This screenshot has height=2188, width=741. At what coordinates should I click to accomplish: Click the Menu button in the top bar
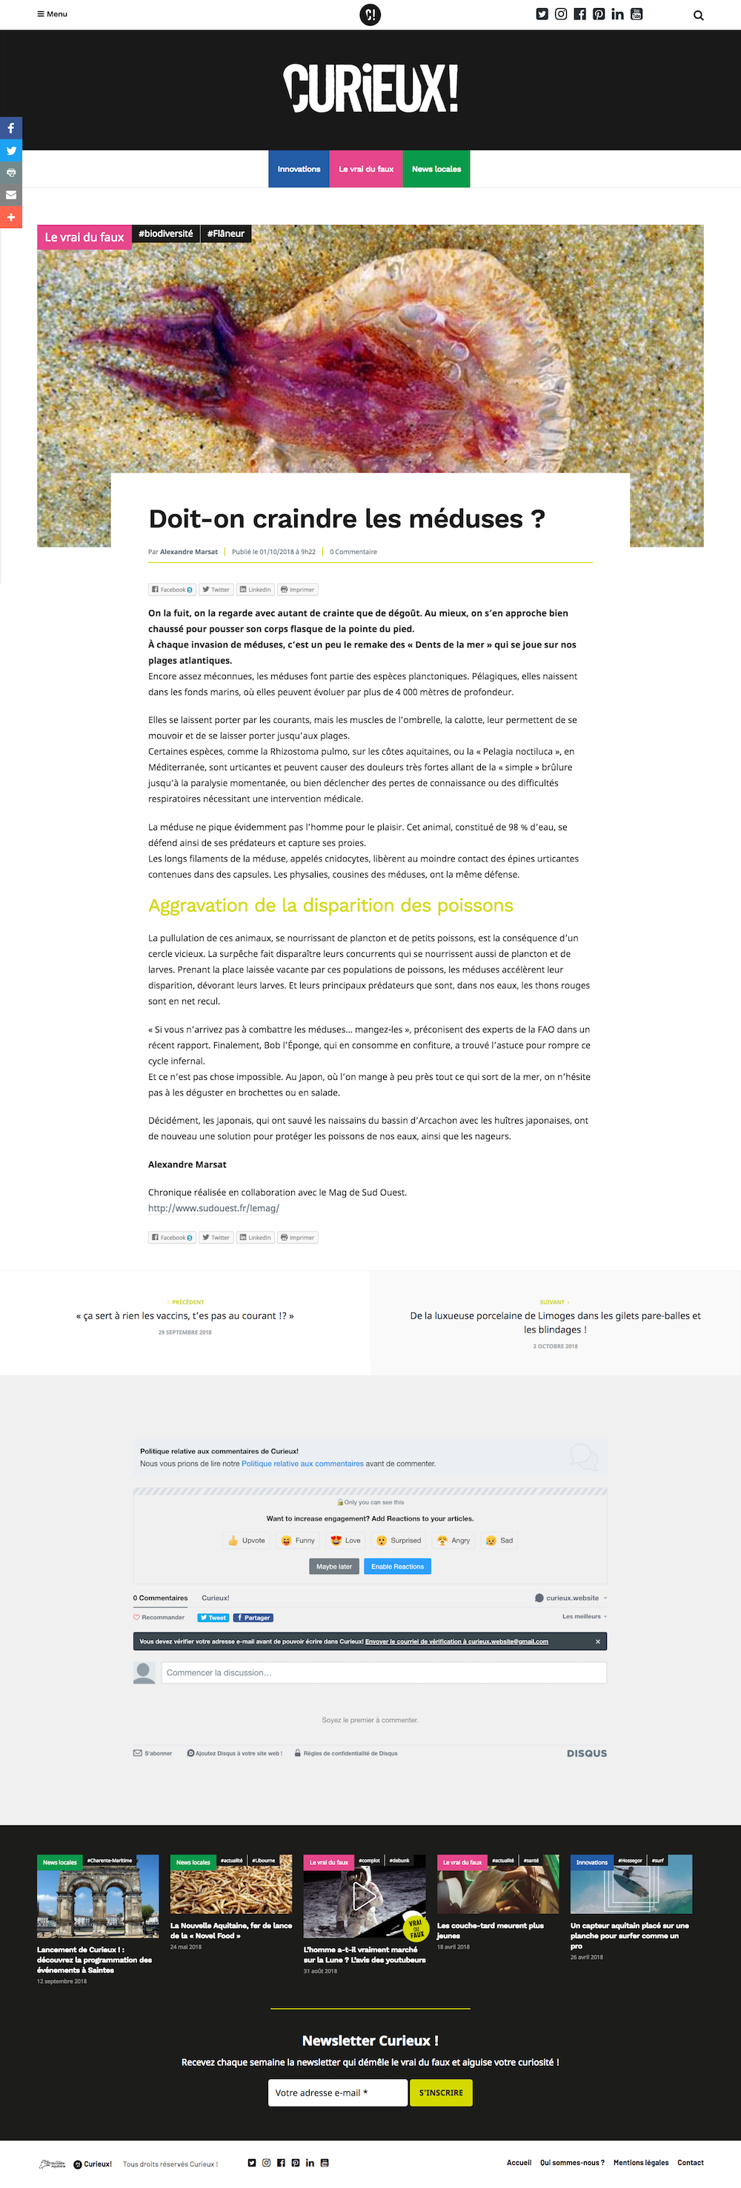[53, 14]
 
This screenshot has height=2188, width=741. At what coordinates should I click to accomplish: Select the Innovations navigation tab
[299, 169]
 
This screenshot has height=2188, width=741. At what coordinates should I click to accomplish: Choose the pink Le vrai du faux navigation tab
[365, 169]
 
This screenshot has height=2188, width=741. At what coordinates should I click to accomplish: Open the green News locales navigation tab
[436, 169]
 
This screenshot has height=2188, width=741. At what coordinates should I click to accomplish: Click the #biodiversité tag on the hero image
[166, 233]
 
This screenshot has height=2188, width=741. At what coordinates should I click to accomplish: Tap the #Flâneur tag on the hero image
[225, 233]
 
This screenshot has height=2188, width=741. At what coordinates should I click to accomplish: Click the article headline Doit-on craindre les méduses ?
[347, 518]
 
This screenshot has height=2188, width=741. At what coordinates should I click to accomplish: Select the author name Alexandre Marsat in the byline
[189, 552]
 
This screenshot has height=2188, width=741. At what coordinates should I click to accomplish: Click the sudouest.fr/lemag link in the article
[213, 1208]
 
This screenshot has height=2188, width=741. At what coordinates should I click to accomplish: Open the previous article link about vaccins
[185, 1315]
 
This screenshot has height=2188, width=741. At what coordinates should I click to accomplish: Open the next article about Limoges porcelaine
[555, 1322]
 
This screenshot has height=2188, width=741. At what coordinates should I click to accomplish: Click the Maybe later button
[334, 1567]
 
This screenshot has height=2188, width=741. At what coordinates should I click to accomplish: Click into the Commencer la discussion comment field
[383, 1672]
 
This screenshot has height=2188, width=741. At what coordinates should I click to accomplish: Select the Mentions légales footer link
[641, 2163]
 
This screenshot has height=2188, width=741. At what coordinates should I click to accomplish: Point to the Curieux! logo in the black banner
[370, 88]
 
